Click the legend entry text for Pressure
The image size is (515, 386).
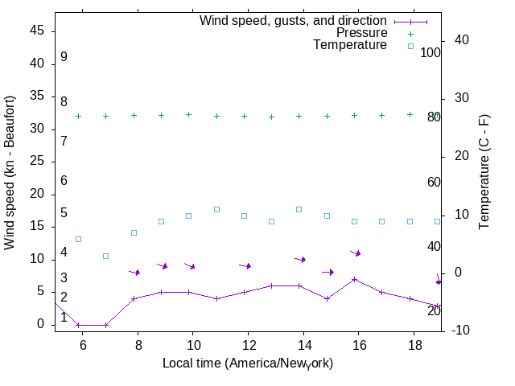[x=361, y=33]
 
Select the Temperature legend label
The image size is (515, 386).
[x=350, y=45]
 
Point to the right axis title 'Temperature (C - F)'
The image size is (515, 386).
[x=484, y=171]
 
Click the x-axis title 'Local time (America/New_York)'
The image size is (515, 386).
[x=247, y=363]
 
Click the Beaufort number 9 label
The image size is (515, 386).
[x=64, y=57]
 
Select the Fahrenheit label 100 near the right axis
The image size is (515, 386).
[x=431, y=52]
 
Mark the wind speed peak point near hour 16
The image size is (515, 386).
[x=354, y=279]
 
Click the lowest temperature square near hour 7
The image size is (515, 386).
[x=106, y=256]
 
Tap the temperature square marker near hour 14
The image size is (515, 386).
[x=299, y=209]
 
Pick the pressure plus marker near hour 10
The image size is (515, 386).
[x=189, y=115]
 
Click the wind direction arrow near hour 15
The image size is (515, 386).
[x=328, y=272]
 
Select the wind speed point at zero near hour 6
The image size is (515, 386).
[x=78, y=325]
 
